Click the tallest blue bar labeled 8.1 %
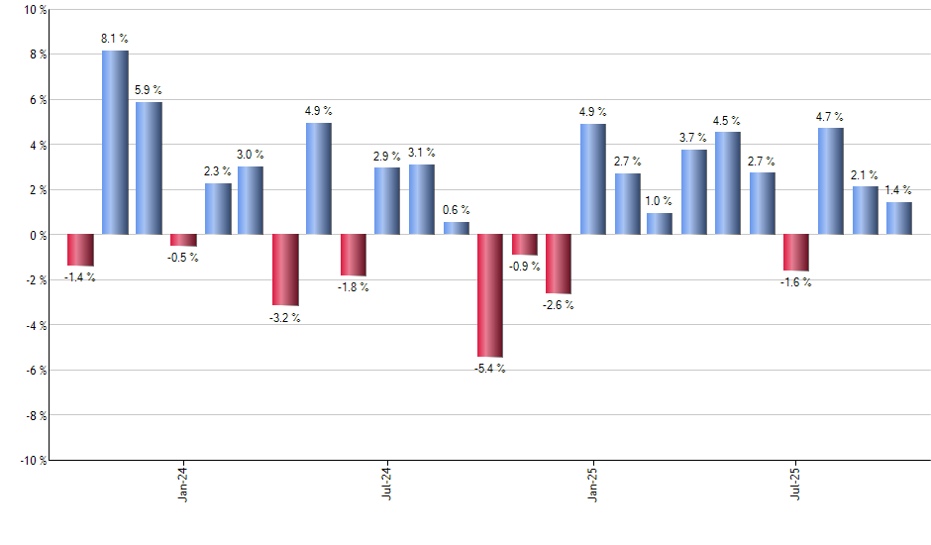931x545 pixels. pyautogui.click(x=115, y=143)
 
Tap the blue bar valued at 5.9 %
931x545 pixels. pyautogui.click(x=149, y=168)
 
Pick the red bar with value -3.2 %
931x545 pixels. pyautogui.click(x=285, y=270)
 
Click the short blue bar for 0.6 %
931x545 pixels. pyautogui.click(x=457, y=228)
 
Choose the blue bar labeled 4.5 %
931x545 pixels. pyautogui.click(x=727, y=183)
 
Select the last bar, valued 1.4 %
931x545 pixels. pyautogui.click(x=898, y=218)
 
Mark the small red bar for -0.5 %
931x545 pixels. pyautogui.click(x=183, y=240)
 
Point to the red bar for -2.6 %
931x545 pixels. pyautogui.click(x=559, y=264)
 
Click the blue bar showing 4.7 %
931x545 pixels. pyautogui.click(x=830, y=181)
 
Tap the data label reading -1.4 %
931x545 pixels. pyautogui.click(x=80, y=277)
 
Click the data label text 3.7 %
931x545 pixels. pyautogui.click(x=693, y=138)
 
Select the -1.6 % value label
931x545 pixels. pyautogui.click(x=796, y=282)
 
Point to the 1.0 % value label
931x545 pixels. pyautogui.click(x=660, y=201)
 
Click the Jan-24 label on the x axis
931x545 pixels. pyautogui.click(x=183, y=485)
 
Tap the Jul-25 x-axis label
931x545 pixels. pyautogui.click(x=796, y=485)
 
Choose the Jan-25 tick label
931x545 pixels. pyautogui.click(x=592, y=485)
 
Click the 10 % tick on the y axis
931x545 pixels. pyautogui.click(x=34, y=10)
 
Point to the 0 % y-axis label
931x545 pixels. pyautogui.click(x=37, y=235)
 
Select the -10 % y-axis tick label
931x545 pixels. pyautogui.click(x=32, y=460)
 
